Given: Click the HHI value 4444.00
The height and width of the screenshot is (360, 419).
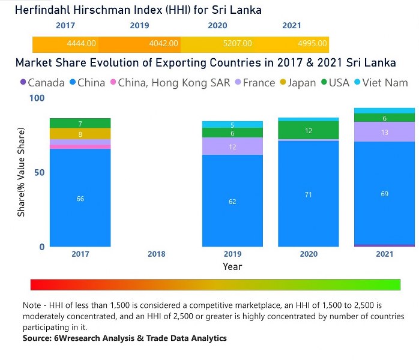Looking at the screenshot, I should [x=82, y=44].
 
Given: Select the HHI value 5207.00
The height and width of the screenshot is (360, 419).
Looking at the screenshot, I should [x=238, y=44].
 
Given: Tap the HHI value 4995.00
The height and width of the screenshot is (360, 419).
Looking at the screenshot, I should [x=312, y=44].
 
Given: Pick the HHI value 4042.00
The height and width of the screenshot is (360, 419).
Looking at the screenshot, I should [x=164, y=44].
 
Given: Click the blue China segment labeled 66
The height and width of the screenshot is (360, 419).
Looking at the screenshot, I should [x=80, y=198].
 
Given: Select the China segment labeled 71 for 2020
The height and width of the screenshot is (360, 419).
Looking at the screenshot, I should [x=308, y=194].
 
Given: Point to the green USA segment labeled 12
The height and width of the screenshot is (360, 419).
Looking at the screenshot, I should [x=308, y=131].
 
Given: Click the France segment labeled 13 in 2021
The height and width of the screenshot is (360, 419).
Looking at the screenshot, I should [x=384, y=132].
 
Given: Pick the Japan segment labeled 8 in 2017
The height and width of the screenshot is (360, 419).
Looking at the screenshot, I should [x=80, y=134].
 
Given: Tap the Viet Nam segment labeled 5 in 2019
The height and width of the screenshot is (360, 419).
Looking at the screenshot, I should [x=232, y=125].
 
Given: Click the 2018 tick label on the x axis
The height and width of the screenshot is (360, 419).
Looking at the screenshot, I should [x=156, y=254].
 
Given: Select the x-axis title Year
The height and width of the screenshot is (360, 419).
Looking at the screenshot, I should [x=232, y=266].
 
